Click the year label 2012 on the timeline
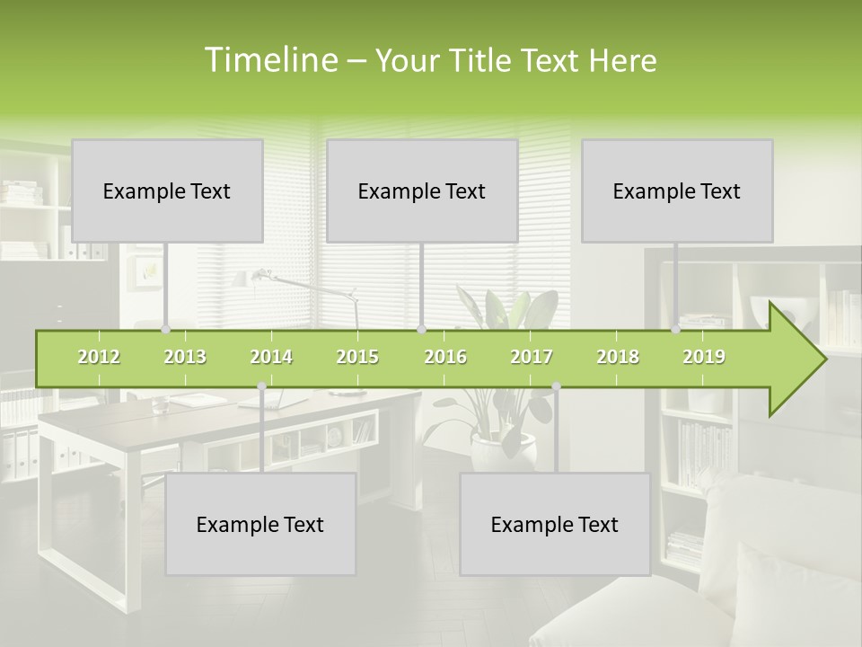99,357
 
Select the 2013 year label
185,357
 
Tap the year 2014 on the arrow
271,357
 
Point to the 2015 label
357,357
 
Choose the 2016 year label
445,357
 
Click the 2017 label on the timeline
532,357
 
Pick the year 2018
618,357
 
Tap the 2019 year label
704,357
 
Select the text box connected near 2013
167,191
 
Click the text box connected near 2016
422,191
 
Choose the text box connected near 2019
677,191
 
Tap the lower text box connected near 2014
260,524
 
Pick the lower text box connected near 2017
555,524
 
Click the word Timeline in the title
269,60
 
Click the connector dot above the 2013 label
165,330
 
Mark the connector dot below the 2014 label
261,386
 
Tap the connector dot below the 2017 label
556,386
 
